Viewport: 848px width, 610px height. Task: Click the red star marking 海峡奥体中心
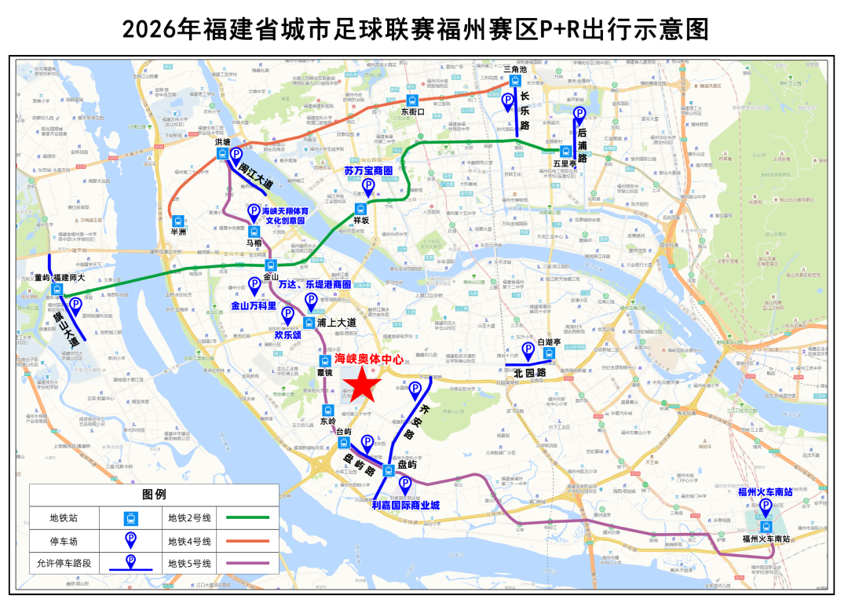click(x=363, y=385)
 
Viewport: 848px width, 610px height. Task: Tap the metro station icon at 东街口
click(x=412, y=100)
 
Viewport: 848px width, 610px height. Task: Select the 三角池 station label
click(x=514, y=69)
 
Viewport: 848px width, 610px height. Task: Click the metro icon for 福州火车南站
click(x=766, y=528)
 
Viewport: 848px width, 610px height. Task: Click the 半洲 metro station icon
click(x=178, y=222)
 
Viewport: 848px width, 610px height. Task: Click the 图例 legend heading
click(x=154, y=495)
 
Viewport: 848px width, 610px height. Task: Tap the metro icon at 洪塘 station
click(x=223, y=154)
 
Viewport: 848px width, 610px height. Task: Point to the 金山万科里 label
click(x=253, y=305)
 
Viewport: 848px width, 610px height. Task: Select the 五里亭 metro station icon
click(x=564, y=152)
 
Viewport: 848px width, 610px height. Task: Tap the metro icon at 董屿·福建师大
click(x=57, y=290)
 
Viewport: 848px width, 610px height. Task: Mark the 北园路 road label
click(x=531, y=374)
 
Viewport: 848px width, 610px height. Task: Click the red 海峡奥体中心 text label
click(x=368, y=358)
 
